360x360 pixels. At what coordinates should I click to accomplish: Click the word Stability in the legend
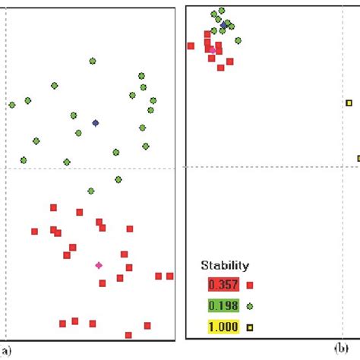pyautogui.click(x=224, y=266)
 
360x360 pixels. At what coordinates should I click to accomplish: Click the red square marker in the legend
pyautogui.click(x=249, y=286)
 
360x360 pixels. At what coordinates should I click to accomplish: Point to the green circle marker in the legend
pyautogui.click(x=249, y=306)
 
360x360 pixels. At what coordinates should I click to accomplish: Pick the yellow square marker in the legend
pyautogui.click(x=249, y=328)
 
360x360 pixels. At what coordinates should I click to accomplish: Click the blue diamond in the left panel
pyautogui.click(x=95, y=122)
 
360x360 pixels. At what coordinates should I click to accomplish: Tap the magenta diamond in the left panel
pyautogui.click(x=99, y=265)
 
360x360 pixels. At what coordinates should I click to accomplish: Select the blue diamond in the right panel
pyautogui.click(x=223, y=25)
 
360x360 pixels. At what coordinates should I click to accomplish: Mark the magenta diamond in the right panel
pyautogui.click(x=212, y=49)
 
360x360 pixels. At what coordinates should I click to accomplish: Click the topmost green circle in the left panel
pyautogui.click(x=93, y=61)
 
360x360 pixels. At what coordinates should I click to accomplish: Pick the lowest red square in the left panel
pyautogui.click(x=128, y=335)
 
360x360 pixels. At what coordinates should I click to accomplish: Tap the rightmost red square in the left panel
pyautogui.click(x=170, y=276)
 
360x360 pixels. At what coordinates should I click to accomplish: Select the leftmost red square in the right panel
pyautogui.click(x=191, y=46)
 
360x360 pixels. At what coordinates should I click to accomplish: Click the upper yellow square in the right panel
pyautogui.click(x=349, y=103)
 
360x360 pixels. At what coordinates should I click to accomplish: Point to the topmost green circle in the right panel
pyautogui.click(x=221, y=11)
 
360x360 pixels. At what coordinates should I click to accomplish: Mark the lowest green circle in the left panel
pyautogui.click(x=91, y=191)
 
